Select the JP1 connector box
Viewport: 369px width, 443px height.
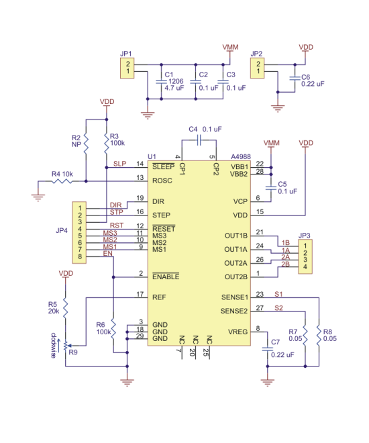[127, 68]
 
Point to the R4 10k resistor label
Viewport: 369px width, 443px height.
[62, 174]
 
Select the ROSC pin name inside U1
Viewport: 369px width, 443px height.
[163, 180]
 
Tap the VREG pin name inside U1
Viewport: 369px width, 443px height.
[238, 332]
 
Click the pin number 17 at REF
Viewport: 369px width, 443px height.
[140, 294]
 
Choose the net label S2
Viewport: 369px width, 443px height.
[278, 307]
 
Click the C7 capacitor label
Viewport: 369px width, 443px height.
[274, 342]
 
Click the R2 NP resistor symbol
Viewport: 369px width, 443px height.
[86, 145]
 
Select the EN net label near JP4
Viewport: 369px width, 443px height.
[107, 255]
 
